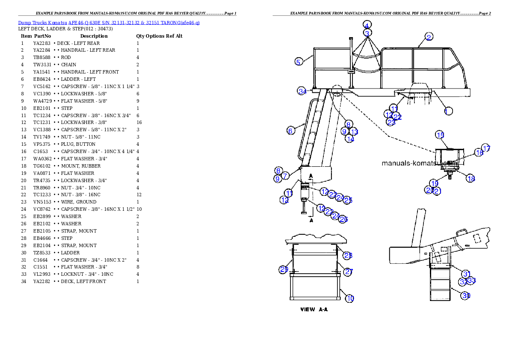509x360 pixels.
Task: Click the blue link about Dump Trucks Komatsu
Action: click(109, 22)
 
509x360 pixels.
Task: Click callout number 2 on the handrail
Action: click(429, 37)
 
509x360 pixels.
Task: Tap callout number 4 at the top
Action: click(367, 24)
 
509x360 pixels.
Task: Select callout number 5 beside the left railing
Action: click(299, 62)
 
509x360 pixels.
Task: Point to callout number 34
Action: click(302, 91)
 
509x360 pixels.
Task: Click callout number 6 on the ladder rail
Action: click(290, 130)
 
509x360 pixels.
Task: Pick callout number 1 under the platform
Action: click(448, 111)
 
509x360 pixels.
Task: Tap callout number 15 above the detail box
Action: click(440, 135)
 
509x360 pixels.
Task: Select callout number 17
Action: click(486, 148)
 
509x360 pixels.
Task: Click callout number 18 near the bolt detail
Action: click(471, 178)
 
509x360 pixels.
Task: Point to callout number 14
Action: click(349, 139)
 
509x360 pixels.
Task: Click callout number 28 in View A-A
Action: click(348, 255)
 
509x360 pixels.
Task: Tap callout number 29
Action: click(284, 269)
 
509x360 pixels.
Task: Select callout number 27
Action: click(348, 272)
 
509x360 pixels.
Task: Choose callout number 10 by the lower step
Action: click(350, 298)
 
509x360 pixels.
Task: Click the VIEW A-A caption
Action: click(314, 309)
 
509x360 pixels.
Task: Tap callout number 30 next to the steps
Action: click(466, 295)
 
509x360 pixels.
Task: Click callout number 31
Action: click(466, 274)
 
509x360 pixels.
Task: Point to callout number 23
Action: click(391, 122)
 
